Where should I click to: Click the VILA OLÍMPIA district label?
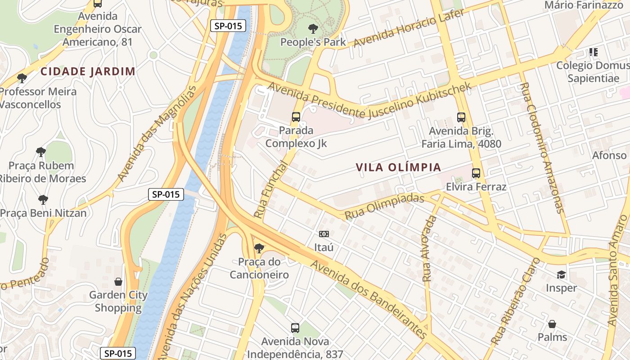tap(398, 167)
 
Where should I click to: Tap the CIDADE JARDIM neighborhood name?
tap(88, 71)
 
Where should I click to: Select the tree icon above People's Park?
tap(313, 29)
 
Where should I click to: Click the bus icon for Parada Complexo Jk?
tap(296, 117)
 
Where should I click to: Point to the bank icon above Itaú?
tap(324, 234)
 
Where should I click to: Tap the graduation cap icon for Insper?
tap(561, 274)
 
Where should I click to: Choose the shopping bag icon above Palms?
tap(552, 324)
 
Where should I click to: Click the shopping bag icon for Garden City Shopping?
tap(118, 282)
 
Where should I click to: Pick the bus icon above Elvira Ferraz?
tap(476, 173)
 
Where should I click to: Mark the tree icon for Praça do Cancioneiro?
tap(259, 248)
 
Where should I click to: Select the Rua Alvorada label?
tap(430, 249)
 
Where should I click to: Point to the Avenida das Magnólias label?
tap(157, 134)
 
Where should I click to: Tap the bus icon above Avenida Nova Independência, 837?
tap(295, 328)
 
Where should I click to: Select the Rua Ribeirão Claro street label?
tap(516, 301)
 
